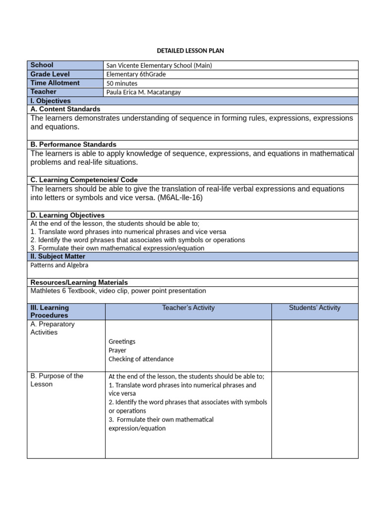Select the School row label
42,65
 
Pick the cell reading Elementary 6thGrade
136,74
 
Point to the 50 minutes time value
122,83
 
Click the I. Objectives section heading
51,101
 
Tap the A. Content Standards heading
65,109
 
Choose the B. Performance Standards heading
73,144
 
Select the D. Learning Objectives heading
67,215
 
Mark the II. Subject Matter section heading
58,256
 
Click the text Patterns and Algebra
60,265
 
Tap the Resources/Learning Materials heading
79,282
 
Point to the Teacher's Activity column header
188,308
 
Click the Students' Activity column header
315,308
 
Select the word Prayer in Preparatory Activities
118,350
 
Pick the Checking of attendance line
141,359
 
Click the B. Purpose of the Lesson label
57,380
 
